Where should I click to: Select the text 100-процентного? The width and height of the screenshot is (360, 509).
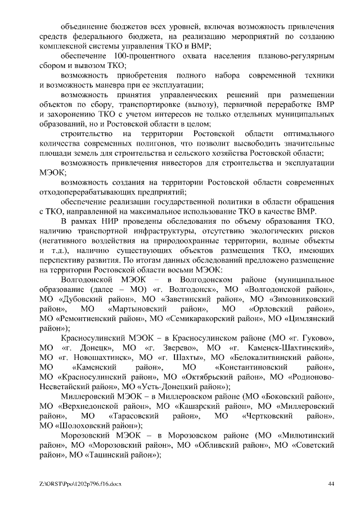click(x=138, y=57)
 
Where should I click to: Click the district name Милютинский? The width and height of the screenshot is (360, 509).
click(x=307, y=436)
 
